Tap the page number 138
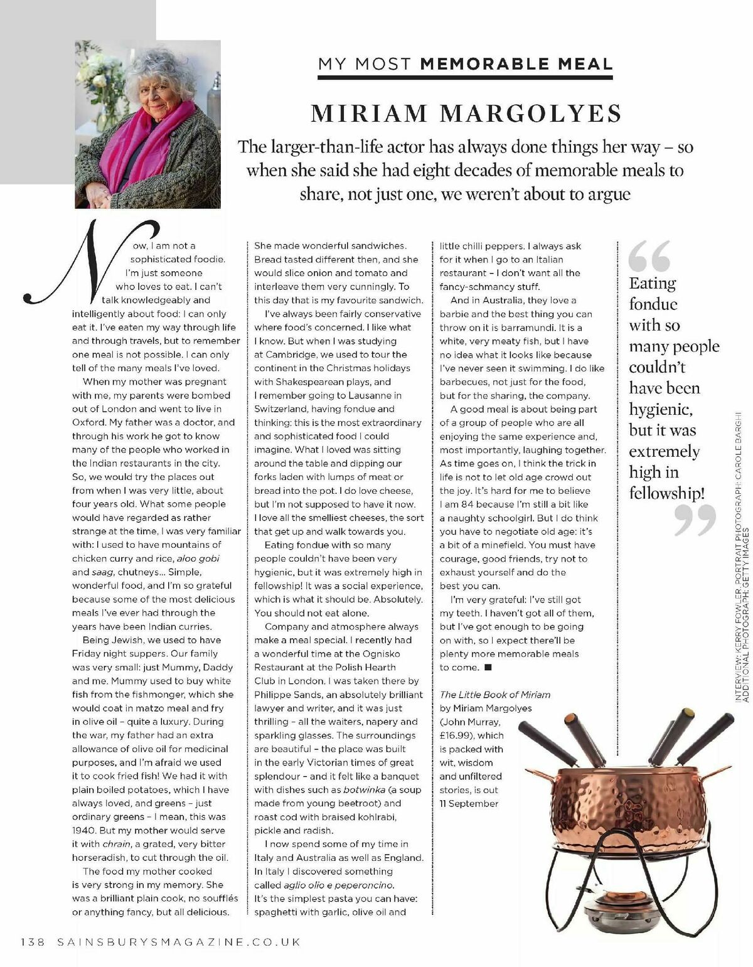[32, 941]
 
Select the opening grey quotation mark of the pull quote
[649, 255]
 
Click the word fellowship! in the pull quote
[666, 493]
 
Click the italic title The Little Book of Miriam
[494, 695]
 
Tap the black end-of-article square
[489, 667]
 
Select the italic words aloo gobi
[198, 558]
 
